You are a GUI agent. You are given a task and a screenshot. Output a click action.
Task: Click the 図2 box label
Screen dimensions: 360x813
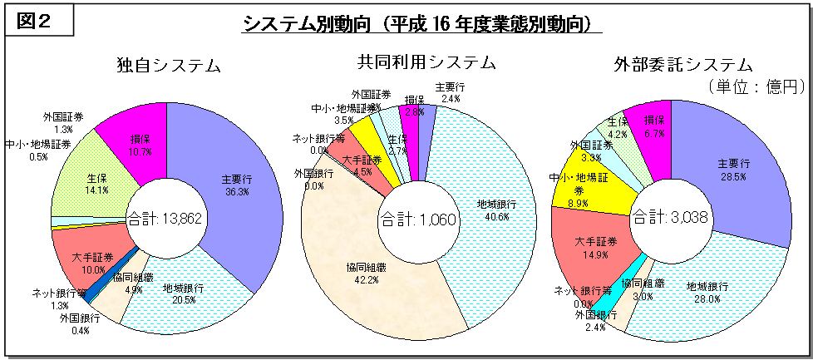point(39,21)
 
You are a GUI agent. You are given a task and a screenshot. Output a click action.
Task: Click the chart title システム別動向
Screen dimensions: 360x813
point(422,24)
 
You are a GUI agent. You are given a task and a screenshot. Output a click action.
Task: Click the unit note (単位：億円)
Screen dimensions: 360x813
point(759,86)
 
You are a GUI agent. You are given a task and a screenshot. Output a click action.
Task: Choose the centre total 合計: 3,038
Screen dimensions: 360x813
point(670,218)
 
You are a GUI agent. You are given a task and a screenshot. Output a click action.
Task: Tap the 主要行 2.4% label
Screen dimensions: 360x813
point(450,92)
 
